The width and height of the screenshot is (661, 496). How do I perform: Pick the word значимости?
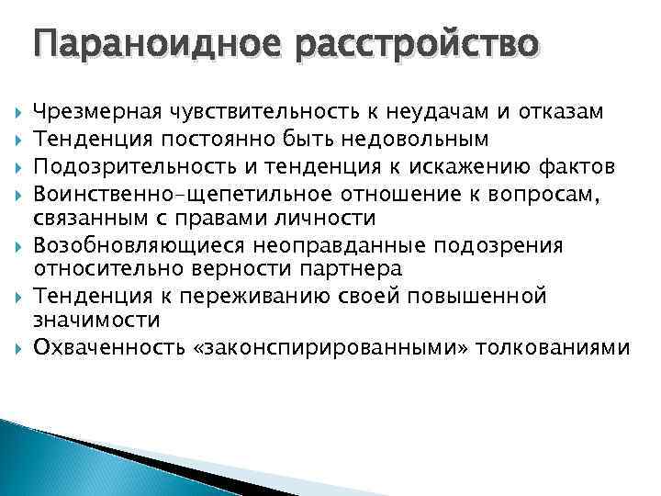tap(96, 322)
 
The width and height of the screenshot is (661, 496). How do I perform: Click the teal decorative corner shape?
tap(55, 459)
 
